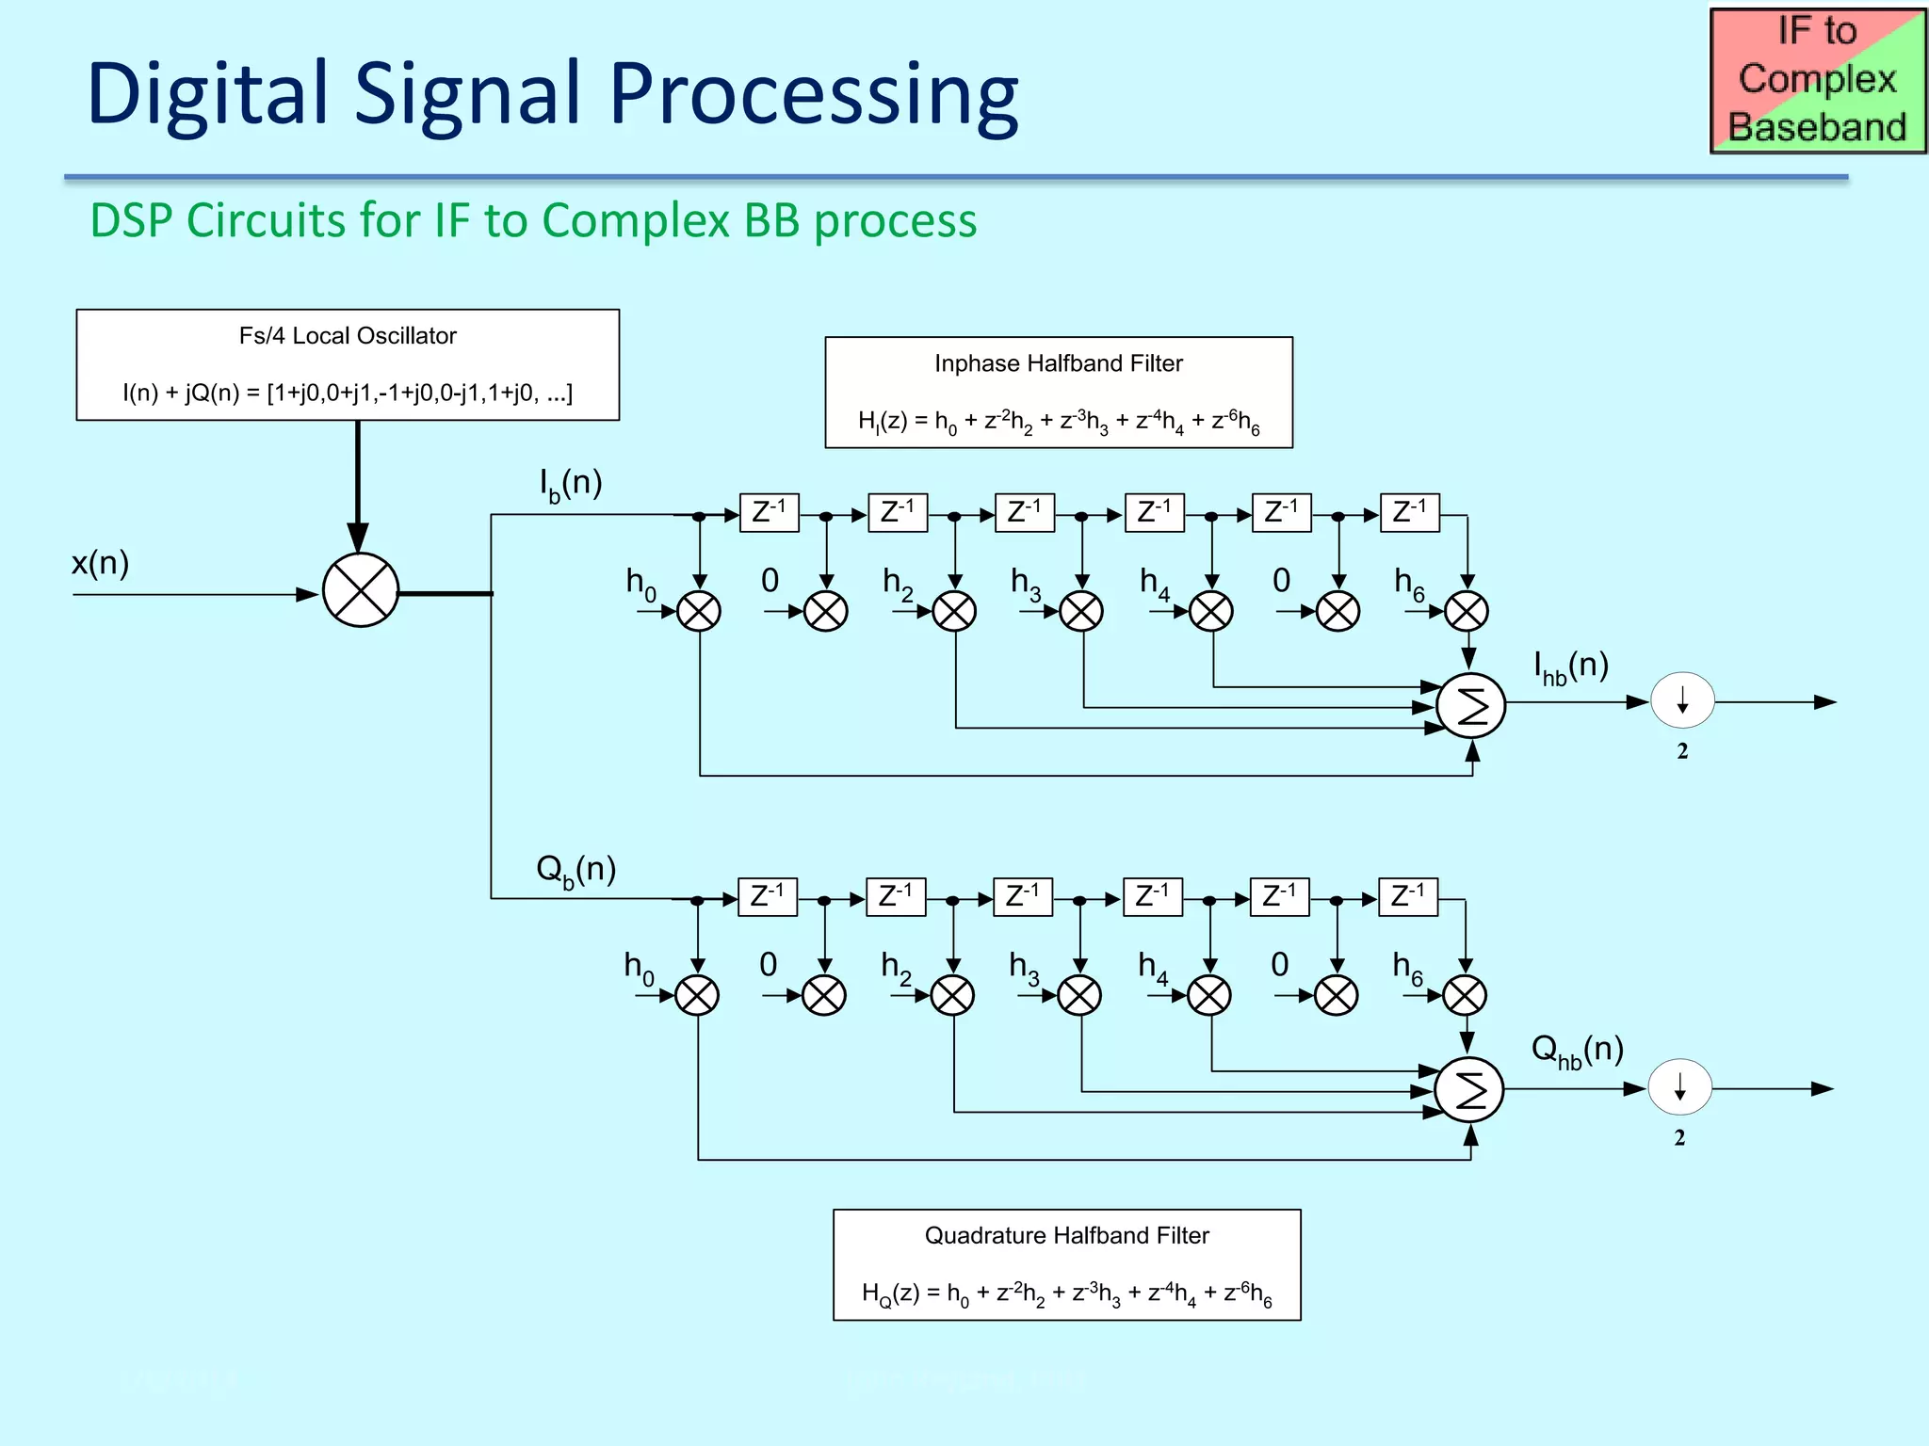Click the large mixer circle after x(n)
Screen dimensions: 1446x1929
[361, 590]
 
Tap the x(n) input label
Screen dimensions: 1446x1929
[100, 563]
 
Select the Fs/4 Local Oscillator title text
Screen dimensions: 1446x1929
[348, 336]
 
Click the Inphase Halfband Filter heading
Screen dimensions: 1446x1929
[1058, 363]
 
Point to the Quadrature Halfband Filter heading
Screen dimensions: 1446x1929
[1066, 1235]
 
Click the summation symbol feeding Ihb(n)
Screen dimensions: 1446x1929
[1471, 706]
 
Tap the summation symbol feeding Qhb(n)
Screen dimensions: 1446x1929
[1469, 1090]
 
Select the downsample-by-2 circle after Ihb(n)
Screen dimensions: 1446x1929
[1682, 700]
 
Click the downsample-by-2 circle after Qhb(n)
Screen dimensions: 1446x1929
[1679, 1086]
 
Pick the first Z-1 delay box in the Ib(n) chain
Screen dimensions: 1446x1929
[769, 513]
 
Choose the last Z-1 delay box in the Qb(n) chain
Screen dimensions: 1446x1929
[1407, 897]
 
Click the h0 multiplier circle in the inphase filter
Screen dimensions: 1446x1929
[699, 612]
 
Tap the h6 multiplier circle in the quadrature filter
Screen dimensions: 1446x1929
[1465, 995]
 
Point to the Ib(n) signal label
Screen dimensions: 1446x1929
[570, 484]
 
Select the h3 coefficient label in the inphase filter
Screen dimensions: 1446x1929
[1025, 584]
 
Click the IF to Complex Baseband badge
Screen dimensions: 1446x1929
[1817, 80]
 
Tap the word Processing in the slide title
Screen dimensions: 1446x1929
[814, 94]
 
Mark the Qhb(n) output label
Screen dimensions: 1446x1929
[1577, 1051]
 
